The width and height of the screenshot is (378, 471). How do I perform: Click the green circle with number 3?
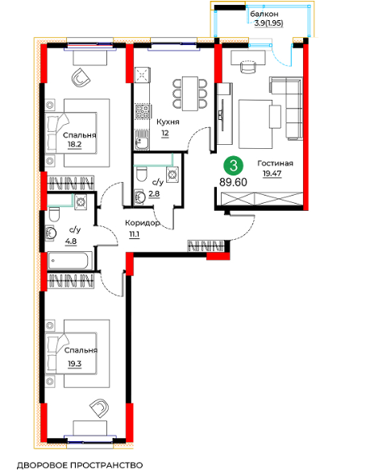(x=234, y=166)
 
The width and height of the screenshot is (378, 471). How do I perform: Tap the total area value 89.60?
(x=234, y=182)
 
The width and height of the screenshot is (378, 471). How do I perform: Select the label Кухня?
(x=168, y=122)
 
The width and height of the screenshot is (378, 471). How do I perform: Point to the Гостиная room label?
(x=275, y=163)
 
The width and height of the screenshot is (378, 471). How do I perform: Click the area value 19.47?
(x=272, y=173)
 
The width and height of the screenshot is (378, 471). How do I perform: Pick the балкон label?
(x=264, y=14)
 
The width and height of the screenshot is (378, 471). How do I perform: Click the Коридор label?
(x=142, y=223)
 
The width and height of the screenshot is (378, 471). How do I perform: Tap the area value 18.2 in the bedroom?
(x=75, y=144)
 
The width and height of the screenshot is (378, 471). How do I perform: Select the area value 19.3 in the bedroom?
(x=75, y=364)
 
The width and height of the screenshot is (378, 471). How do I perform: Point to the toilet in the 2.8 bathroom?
(x=141, y=174)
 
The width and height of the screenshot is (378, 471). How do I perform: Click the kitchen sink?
(x=142, y=140)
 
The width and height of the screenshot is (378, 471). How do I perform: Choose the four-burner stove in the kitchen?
(x=142, y=112)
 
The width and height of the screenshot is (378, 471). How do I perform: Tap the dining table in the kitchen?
(x=190, y=93)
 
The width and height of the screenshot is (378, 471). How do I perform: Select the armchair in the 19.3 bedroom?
(x=99, y=407)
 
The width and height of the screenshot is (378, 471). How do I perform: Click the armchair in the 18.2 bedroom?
(x=81, y=77)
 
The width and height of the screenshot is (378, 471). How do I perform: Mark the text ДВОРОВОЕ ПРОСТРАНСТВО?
(x=80, y=465)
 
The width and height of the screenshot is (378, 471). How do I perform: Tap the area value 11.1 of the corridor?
(x=134, y=234)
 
